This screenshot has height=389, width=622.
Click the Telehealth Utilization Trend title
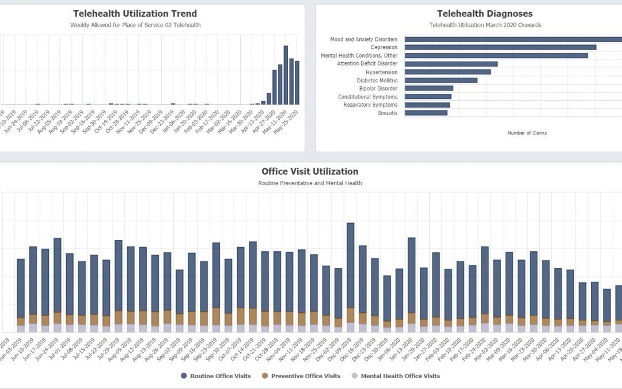[135, 13]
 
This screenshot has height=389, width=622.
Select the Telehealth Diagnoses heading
[484, 13]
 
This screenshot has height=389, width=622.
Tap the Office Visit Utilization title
[309, 171]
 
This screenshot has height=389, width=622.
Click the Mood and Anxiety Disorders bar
[513, 40]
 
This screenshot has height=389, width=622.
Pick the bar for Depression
[500, 47]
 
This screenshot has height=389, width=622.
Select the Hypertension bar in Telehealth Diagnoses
[447, 72]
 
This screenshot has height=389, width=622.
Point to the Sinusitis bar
[426, 113]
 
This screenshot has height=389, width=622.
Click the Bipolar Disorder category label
[378, 89]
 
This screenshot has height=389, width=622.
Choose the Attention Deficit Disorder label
[367, 64]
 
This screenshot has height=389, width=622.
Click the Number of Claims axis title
[527, 133]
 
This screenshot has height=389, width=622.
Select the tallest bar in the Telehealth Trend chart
[286, 75]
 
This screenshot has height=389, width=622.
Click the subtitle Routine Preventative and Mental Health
[309, 183]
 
